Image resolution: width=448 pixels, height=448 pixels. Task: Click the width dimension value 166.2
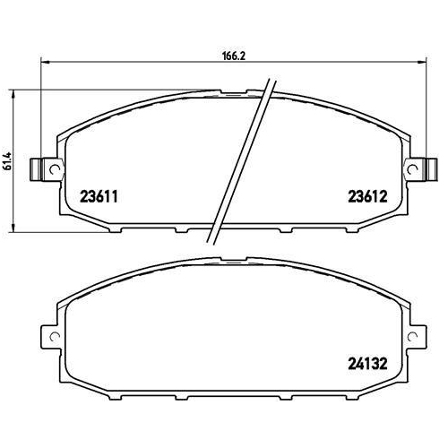233,55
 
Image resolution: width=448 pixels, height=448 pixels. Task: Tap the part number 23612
366,195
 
